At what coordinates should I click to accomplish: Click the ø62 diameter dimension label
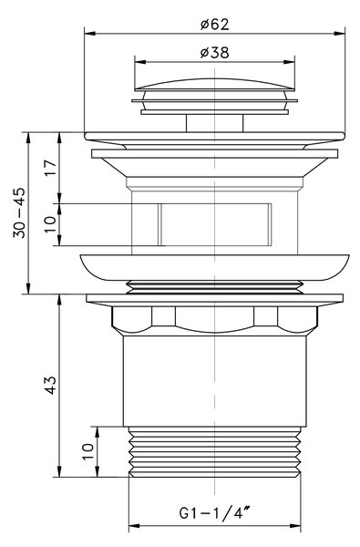(215, 25)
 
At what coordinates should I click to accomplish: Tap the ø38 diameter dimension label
(215, 53)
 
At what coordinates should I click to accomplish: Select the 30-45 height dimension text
(19, 212)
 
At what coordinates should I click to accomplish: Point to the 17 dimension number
(50, 168)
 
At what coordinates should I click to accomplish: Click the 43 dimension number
(50, 385)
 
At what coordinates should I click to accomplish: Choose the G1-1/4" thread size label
(215, 512)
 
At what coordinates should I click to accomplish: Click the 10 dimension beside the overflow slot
(50, 224)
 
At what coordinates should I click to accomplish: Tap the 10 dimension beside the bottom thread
(87, 452)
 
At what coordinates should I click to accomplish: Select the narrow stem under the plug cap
(214, 123)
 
